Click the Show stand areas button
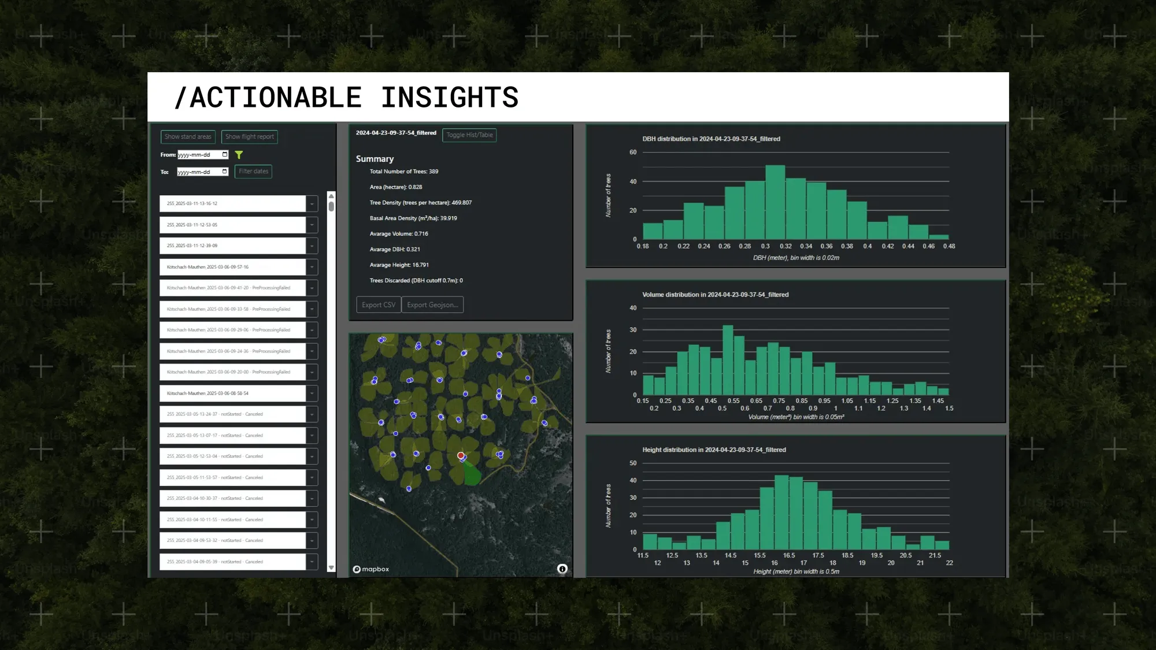[x=188, y=137]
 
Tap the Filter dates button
[x=253, y=172]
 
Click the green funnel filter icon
[x=239, y=155]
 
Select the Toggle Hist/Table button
[x=469, y=135]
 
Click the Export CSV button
[x=379, y=305]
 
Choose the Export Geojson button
[x=432, y=305]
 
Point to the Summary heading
[x=375, y=159]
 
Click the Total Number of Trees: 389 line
[x=404, y=172]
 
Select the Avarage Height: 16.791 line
[x=399, y=265]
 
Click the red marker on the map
[x=461, y=456]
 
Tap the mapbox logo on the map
[x=371, y=569]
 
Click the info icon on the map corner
[x=562, y=569]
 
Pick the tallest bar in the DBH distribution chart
[x=775, y=202]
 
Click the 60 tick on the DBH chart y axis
[x=633, y=153]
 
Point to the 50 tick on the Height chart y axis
[x=633, y=463]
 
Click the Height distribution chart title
[x=714, y=450]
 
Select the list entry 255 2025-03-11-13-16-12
[x=232, y=204]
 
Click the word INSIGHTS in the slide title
[x=450, y=98]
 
